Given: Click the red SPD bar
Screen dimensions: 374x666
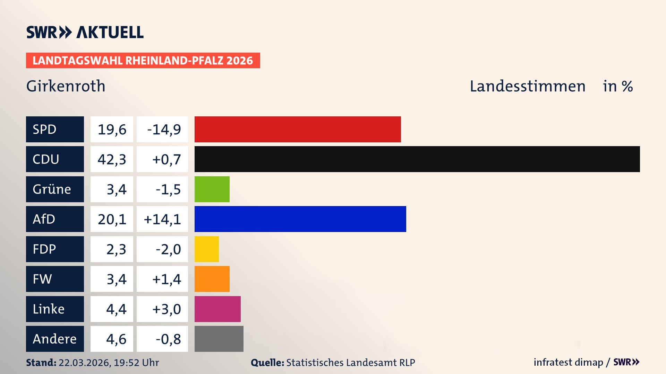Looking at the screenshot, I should [x=298, y=129].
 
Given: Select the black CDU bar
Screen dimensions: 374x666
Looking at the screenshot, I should [x=417, y=159].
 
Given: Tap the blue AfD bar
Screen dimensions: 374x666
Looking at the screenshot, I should [x=300, y=219].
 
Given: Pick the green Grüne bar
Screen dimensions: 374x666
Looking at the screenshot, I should [x=212, y=189].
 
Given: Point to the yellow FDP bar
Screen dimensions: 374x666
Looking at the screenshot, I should [x=207, y=249].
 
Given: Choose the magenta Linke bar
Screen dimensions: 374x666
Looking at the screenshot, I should [x=217, y=309].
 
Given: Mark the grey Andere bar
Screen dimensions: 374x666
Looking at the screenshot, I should [x=219, y=339].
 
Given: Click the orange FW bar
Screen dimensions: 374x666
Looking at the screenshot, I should [x=212, y=279].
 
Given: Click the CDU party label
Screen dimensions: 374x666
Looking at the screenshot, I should [x=55, y=159].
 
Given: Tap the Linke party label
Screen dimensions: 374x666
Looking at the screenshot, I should [x=55, y=309].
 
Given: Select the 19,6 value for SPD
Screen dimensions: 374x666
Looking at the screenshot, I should [x=112, y=129].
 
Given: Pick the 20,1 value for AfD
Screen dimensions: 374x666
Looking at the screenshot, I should [x=112, y=219].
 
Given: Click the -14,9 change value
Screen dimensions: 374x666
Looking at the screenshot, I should [x=162, y=129].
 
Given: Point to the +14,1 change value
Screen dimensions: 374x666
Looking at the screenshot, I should [x=162, y=219].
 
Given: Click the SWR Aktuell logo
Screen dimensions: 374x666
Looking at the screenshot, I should [x=85, y=32].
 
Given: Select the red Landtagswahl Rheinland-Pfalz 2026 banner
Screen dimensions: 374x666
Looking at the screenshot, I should [x=143, y=60].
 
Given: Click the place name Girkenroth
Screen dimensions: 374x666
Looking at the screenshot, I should [x=66, y=86].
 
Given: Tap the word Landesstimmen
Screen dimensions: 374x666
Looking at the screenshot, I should [x=527, y=86].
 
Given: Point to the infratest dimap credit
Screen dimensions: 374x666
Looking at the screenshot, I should [x=568, y=362].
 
